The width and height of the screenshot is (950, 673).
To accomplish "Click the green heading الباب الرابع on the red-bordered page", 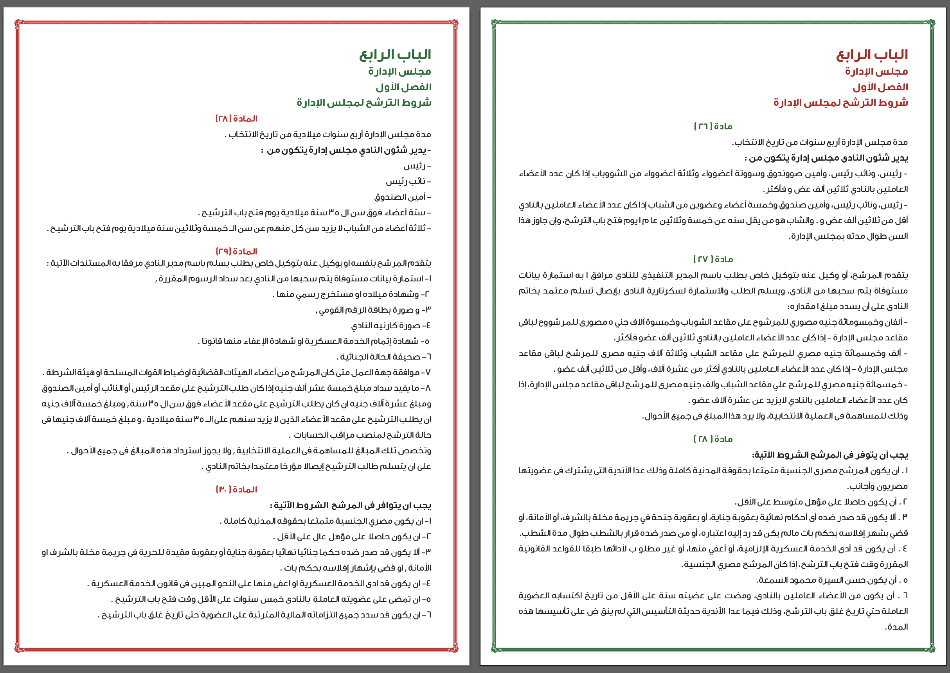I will click(395, 55).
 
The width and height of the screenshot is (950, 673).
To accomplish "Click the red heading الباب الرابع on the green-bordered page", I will click(872, 55).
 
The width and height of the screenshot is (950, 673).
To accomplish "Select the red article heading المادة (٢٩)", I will click(236, 252).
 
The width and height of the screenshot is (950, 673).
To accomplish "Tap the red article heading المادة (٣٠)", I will click(236, 489).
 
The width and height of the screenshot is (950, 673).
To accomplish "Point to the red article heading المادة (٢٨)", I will click(236, 119).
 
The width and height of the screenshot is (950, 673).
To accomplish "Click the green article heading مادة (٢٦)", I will click(713, 126).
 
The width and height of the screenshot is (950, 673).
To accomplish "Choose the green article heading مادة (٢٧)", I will click(713, 260).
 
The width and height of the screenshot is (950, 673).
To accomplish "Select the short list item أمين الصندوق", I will click(402, 197).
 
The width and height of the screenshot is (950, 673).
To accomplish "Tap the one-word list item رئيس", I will click(417, 166).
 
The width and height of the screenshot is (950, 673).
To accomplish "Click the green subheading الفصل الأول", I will click(403, 87).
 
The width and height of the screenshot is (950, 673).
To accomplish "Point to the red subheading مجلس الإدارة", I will click(876, 72).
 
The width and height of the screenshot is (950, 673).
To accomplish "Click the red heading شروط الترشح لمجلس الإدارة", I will click(840, 103).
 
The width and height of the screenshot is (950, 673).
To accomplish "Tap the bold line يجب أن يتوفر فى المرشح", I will click(830, 455).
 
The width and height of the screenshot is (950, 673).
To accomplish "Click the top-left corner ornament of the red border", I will click(18, 23).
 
